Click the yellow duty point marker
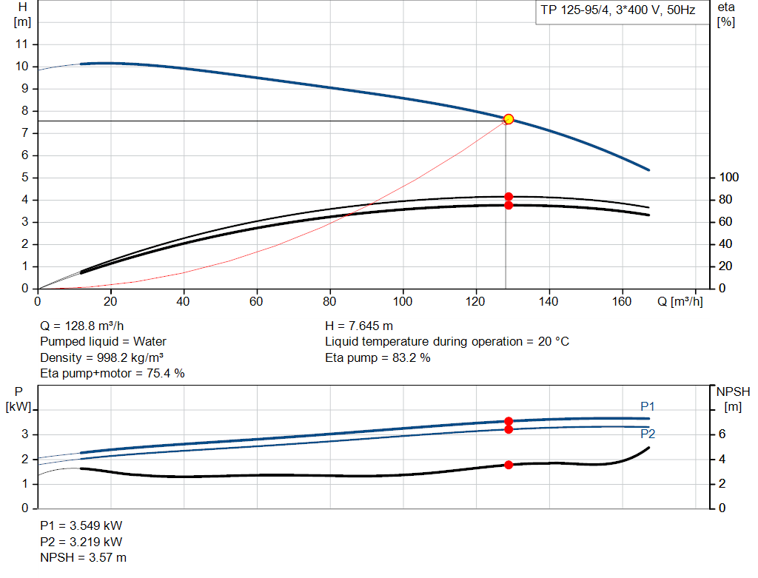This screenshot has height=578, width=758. click(509, 119)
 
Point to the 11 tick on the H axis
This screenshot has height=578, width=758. click(22, 44)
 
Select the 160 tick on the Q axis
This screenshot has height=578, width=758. click(622, 301)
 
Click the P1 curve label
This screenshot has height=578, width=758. click(648, 406)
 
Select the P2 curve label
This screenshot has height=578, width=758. click(648, 434)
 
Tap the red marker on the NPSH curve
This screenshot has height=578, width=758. click(509, 465)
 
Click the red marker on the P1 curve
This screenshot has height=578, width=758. click(509, 421)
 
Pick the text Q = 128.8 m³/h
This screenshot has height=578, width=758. click(82, 326)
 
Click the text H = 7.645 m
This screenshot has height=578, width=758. click(359, 326)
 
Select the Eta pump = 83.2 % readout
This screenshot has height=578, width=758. click(378, 358)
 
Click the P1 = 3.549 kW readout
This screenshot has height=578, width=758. click(81, 525)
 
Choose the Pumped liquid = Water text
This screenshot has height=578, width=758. click(103, 342)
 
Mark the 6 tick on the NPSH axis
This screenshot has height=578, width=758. click(722, 434)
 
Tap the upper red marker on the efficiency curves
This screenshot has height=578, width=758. click(509, 197)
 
